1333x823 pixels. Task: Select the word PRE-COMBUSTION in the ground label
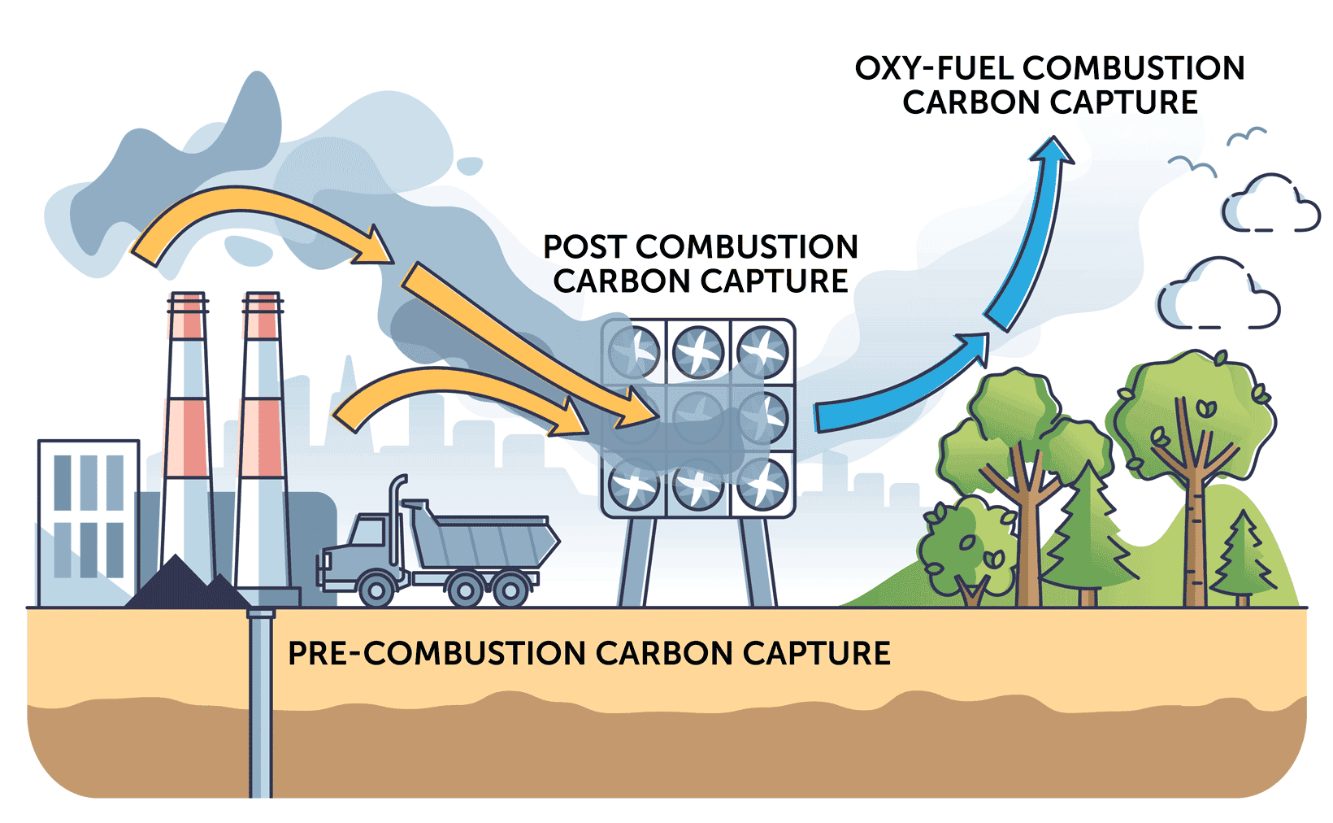(436, 653)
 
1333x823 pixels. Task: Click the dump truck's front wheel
(376, 588)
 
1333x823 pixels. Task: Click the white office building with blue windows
(88, 520)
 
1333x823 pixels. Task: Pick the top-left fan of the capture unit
(633, 352)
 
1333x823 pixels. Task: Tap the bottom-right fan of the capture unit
(762, 484)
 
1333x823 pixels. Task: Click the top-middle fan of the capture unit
(697, 352)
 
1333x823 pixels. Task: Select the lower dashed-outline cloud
(1217, 297)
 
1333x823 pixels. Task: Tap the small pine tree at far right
(1243, 557)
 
